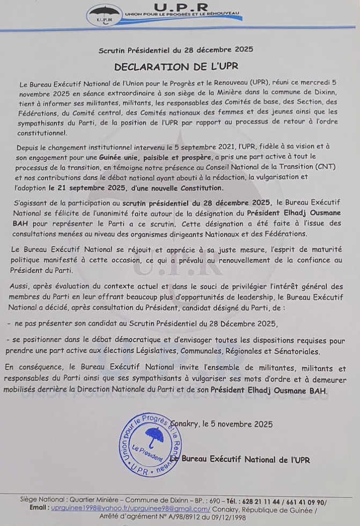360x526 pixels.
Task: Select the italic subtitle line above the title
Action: [x=175, y=50]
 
